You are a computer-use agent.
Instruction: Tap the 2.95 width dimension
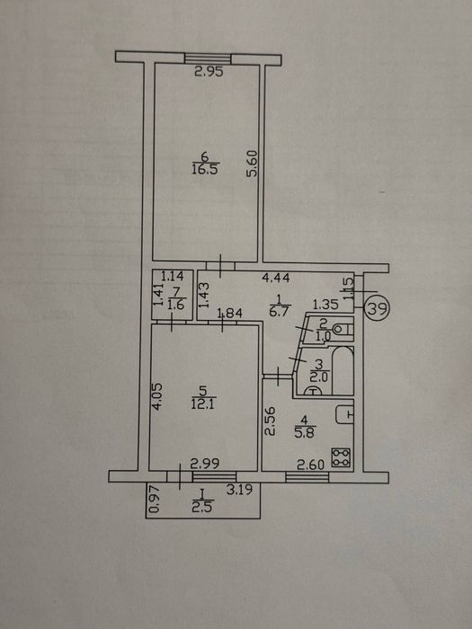coord(209,72)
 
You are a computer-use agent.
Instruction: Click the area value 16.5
coord(205,169)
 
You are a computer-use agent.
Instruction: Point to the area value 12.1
coord(203,403)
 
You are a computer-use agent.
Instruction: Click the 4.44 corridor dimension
coord(276,278)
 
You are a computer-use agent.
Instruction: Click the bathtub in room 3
coord(343,371)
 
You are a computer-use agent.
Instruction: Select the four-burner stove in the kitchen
coord(341,457)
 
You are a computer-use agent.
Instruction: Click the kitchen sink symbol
coord(344,414)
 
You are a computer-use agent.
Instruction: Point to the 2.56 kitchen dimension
coord(271,421)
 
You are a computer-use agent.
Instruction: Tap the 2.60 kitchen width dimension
coord(310,465)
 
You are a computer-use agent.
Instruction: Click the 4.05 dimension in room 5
coord(157,396)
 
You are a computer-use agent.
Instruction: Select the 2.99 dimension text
coord(205,464)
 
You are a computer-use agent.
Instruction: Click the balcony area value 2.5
coord(202,507)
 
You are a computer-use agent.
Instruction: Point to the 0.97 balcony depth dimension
coord(155,500)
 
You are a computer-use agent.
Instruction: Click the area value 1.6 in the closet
coord(175,305)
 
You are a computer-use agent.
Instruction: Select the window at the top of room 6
coord(208,58)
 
